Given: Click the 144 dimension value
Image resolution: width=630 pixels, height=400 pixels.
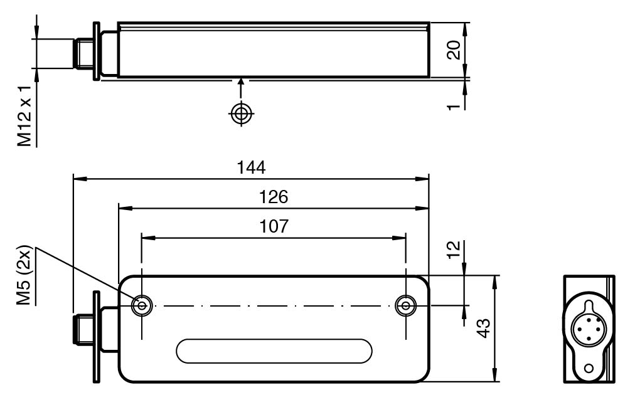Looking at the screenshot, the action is (251, 167).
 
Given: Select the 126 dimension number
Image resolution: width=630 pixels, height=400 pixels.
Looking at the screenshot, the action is (274, 197).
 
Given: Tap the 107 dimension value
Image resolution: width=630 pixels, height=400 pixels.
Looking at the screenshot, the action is (274, 226).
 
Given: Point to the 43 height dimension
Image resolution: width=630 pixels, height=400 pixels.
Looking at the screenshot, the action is (483, 328).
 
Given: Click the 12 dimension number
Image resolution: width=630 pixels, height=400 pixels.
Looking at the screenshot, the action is (453, 250).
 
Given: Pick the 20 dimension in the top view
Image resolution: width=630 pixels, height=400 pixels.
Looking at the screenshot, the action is (454, 50).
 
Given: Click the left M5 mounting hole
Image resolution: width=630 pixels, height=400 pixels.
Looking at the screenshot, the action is (142, 306).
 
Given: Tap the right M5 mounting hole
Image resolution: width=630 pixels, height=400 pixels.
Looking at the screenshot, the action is (405, 306).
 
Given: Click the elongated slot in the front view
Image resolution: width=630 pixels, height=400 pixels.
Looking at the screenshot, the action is (274, 351).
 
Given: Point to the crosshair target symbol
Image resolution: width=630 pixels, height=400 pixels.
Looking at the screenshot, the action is (241, 113).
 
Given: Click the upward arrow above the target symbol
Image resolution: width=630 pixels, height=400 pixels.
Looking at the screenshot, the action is (241, 88).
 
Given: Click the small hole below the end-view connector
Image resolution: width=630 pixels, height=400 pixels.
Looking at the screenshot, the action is (589, 368).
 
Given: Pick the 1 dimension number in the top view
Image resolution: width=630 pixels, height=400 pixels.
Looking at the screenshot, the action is (454, 107).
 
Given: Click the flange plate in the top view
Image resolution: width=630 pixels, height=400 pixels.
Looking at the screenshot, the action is (96, 51).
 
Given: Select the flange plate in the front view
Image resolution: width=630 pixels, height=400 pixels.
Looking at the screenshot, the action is (96, 337).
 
